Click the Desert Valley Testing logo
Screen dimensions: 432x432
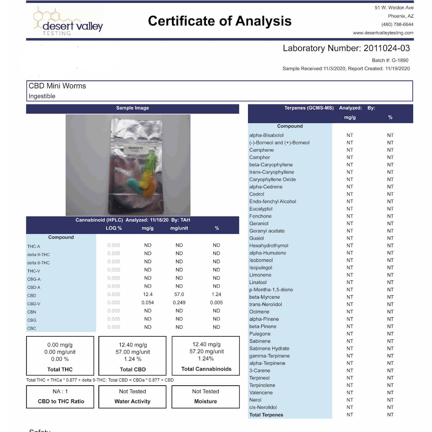68,22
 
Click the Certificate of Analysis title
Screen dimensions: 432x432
220,21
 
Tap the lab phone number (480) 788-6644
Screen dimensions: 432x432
397,24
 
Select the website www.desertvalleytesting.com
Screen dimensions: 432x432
383,33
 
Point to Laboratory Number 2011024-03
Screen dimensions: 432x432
346,48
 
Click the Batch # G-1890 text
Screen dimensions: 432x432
390,60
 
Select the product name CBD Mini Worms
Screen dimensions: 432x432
57,86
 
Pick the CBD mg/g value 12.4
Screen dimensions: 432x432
148,294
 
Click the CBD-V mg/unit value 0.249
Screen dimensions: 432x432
179,303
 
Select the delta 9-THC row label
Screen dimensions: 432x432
38,255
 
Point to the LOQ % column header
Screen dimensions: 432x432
114,228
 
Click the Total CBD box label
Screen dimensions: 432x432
132,370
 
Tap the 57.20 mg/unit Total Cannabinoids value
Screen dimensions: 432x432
206,352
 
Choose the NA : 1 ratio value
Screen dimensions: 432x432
60,392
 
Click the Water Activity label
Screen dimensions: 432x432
132,402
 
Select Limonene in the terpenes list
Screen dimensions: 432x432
260,275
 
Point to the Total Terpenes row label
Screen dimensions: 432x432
266,415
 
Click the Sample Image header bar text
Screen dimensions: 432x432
132,108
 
